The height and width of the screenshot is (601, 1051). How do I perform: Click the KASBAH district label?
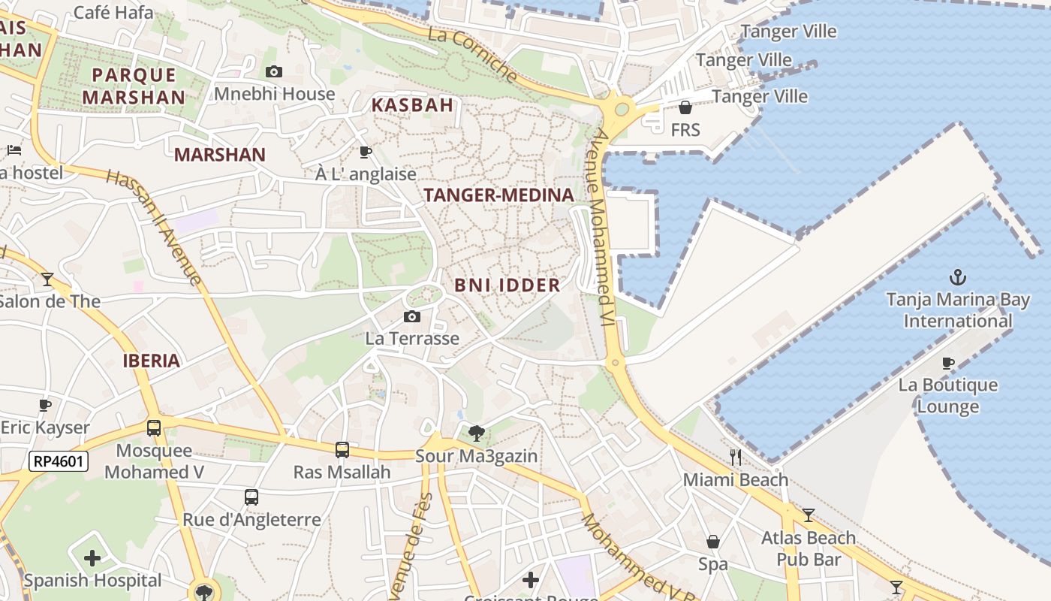(412, 105)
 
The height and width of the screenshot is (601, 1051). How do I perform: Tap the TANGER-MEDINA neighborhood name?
(498, 195)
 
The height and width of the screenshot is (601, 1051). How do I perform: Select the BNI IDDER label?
(507, 285)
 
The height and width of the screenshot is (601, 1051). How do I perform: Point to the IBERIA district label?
(152, 361)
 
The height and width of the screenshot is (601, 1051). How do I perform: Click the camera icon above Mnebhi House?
(274, 72)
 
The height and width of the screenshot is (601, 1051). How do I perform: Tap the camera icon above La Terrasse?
(412, 317)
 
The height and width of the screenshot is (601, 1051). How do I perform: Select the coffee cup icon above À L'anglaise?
(366, 153)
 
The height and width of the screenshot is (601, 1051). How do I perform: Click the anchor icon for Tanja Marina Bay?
(958, 277)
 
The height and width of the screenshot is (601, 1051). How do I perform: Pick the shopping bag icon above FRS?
(685, 108)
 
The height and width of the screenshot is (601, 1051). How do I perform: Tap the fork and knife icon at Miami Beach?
(736, 457)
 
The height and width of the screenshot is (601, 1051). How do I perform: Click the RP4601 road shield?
(59, 461)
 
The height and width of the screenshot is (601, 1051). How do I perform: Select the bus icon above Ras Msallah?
(342, 450)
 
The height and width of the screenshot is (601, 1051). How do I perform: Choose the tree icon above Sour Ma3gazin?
(476, 433)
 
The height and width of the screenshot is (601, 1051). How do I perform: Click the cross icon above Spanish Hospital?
(92, 558)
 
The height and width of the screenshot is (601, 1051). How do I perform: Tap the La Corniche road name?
(473, 55)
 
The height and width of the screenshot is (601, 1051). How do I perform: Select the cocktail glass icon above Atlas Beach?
(809, 515)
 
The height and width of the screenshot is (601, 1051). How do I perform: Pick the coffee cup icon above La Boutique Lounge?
(948, 364)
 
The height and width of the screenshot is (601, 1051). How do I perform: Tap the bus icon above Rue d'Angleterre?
(251, 497)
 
